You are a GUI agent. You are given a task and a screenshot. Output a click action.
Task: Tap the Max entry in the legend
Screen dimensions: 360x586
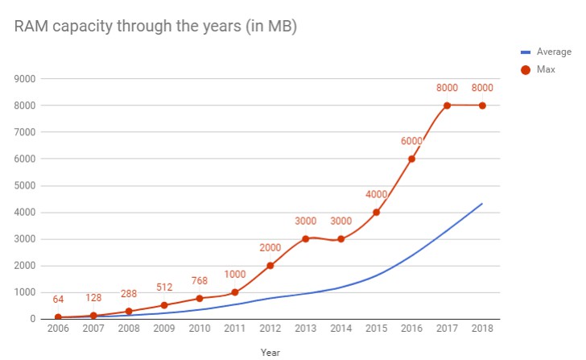[x=546, y=70]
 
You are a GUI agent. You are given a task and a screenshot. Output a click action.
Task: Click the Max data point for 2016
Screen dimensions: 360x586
[x=411, y=159]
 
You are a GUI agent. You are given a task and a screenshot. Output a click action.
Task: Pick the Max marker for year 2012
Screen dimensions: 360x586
[x=270, y=266]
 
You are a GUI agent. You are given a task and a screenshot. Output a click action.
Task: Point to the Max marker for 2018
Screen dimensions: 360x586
[x=482, y=106]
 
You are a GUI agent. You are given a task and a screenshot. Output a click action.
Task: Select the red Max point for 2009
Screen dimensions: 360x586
[x=164, y=305]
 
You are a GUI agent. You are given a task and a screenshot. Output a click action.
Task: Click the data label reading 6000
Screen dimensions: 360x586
[x=411, y=142]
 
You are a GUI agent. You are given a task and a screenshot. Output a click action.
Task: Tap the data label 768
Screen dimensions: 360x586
[x=199, y=281]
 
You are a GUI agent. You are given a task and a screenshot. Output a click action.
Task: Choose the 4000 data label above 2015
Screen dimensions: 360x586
[x=376, y=195]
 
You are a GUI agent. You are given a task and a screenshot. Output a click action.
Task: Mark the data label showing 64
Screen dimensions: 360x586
[x=58, y=300]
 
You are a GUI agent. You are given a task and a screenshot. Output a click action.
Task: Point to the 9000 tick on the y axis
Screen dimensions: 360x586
[x=27, y=79]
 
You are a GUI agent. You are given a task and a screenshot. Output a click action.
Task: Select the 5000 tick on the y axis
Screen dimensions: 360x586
[x=27, y=186]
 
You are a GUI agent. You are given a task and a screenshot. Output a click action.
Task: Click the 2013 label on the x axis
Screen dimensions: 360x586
[x=305, y=329]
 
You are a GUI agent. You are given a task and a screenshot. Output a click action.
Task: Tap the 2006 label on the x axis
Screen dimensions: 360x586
[x=58, y=329]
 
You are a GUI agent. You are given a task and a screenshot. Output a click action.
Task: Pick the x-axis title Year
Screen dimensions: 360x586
[x=270, y=351]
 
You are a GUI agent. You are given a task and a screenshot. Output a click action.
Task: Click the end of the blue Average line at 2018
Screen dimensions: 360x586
[x=482, y=203]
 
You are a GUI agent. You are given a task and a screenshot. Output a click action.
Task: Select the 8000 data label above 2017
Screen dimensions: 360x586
[x=447, y=89]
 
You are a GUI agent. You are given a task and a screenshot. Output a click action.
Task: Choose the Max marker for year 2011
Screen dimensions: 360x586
[x=235, y=292]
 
